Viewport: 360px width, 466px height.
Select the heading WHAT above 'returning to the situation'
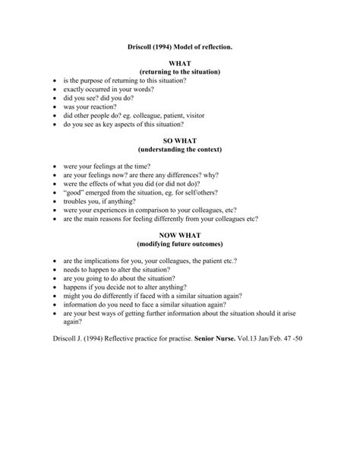click(x=180, y=63)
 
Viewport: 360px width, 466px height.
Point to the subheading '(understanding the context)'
click(x=180, y=151)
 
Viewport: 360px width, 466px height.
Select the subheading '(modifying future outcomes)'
click(x=180, y=245)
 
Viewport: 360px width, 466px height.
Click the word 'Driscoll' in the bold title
click(x=143, y=46)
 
